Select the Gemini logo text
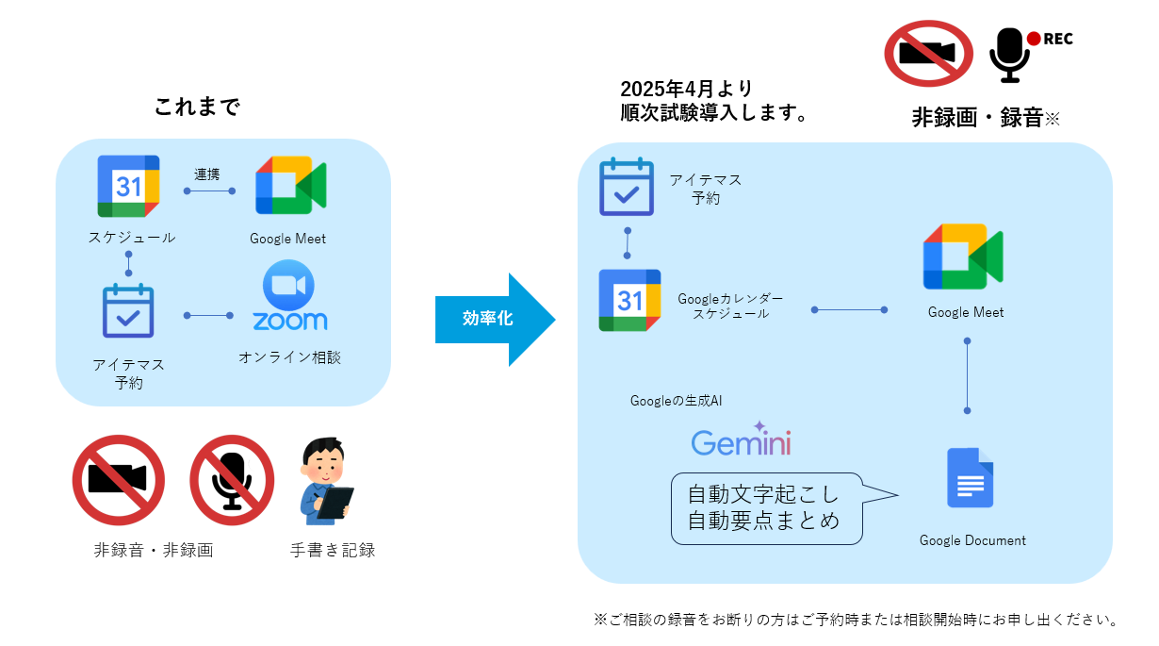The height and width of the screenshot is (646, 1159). click(x=741, y=442)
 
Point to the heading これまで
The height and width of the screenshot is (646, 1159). click(x=198, y=107)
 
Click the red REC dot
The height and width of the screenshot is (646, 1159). click(x=1034, y=39)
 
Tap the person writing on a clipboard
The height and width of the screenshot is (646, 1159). click(x=325, y=481)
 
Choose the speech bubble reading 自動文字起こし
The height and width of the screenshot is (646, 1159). click(x=766, y=507)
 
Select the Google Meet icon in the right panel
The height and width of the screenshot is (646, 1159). click(x=963, y=256)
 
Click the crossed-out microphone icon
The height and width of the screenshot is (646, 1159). click(x=232, y=479)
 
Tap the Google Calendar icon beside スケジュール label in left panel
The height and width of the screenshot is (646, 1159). click(x=128, y=186)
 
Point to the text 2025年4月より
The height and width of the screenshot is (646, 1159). click(x=687, y=90)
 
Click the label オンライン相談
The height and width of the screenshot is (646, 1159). click(x=289, y=357)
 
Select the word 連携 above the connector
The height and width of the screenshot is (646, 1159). click(x=207, y=174)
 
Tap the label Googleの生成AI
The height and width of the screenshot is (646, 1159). click(x=677, y=401)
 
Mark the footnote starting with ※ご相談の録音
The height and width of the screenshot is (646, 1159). click(x=857, y=620)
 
